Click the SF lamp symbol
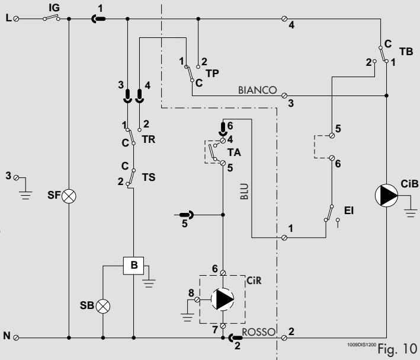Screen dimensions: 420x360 (x=69, y=196)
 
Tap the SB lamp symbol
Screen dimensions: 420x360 (x=103, y=307)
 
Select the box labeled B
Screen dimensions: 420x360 (x=133, y=266)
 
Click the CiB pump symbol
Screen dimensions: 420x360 (x=386, y=196)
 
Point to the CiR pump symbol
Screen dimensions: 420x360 (x=222, y=299)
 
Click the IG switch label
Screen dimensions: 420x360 (x=54, y=8)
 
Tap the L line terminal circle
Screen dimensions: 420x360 (x=16, y=19)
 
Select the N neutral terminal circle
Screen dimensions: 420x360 (x=16, y=337)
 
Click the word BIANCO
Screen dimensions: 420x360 (x=258, y=90)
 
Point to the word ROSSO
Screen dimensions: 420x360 (x=258, y=332)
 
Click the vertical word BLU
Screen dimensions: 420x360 (x=244, y=192)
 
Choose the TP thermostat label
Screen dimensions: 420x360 (x=213, y=73)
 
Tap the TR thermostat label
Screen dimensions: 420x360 (x=149, y=139)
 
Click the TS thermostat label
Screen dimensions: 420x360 (x=149, y=177)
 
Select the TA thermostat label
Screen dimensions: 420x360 (x=234, y=152)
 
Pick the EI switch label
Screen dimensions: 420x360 (x=349, y=211)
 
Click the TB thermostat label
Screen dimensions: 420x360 (x=406, y=52)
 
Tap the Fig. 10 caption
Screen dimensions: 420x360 (x=397, y=349)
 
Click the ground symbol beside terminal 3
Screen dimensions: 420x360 (x=25, y=195)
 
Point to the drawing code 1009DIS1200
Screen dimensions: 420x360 (x=361, y=345)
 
